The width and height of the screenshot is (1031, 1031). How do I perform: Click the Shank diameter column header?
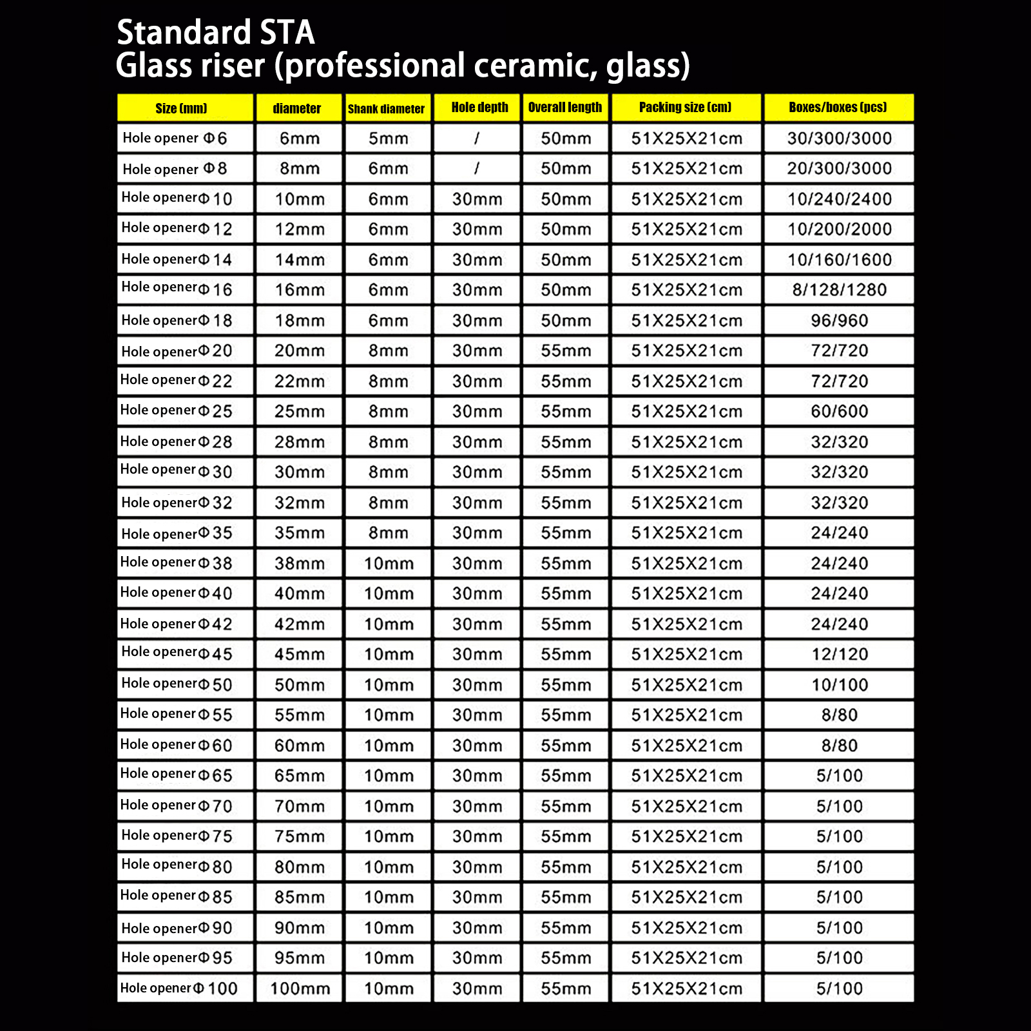pos(387,108)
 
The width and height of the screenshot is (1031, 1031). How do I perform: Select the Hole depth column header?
pos(479,108)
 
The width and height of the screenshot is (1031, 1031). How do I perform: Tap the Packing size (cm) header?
pos(686,108)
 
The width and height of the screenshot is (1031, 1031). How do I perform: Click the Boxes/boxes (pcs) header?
pos(838,108)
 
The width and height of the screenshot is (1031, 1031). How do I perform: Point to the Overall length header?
pos(565,108)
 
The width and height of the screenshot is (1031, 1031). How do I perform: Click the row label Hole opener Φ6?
pos(175,138)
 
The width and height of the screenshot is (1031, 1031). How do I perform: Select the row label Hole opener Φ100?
pos(179,988)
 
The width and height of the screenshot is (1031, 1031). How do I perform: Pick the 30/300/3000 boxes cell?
pos(839,138)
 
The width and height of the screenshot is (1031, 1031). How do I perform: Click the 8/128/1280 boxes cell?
pos(839,290)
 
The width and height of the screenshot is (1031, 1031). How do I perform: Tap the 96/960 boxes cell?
pos(839,320)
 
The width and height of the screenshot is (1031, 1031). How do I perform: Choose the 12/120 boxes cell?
pos(839,654)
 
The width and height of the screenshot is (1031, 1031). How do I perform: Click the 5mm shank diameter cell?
pos(388,138)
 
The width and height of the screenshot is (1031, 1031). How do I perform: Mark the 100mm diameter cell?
pos(300,988)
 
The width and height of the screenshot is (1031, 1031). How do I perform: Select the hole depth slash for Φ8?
pos(477,168)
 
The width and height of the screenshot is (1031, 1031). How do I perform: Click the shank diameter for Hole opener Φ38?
pos(389,563)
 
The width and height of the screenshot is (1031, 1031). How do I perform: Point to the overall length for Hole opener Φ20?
pos(566,351)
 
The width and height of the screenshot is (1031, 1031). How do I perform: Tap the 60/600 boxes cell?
pos(839,411)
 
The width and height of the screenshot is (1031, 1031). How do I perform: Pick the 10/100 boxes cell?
pos(839,684)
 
